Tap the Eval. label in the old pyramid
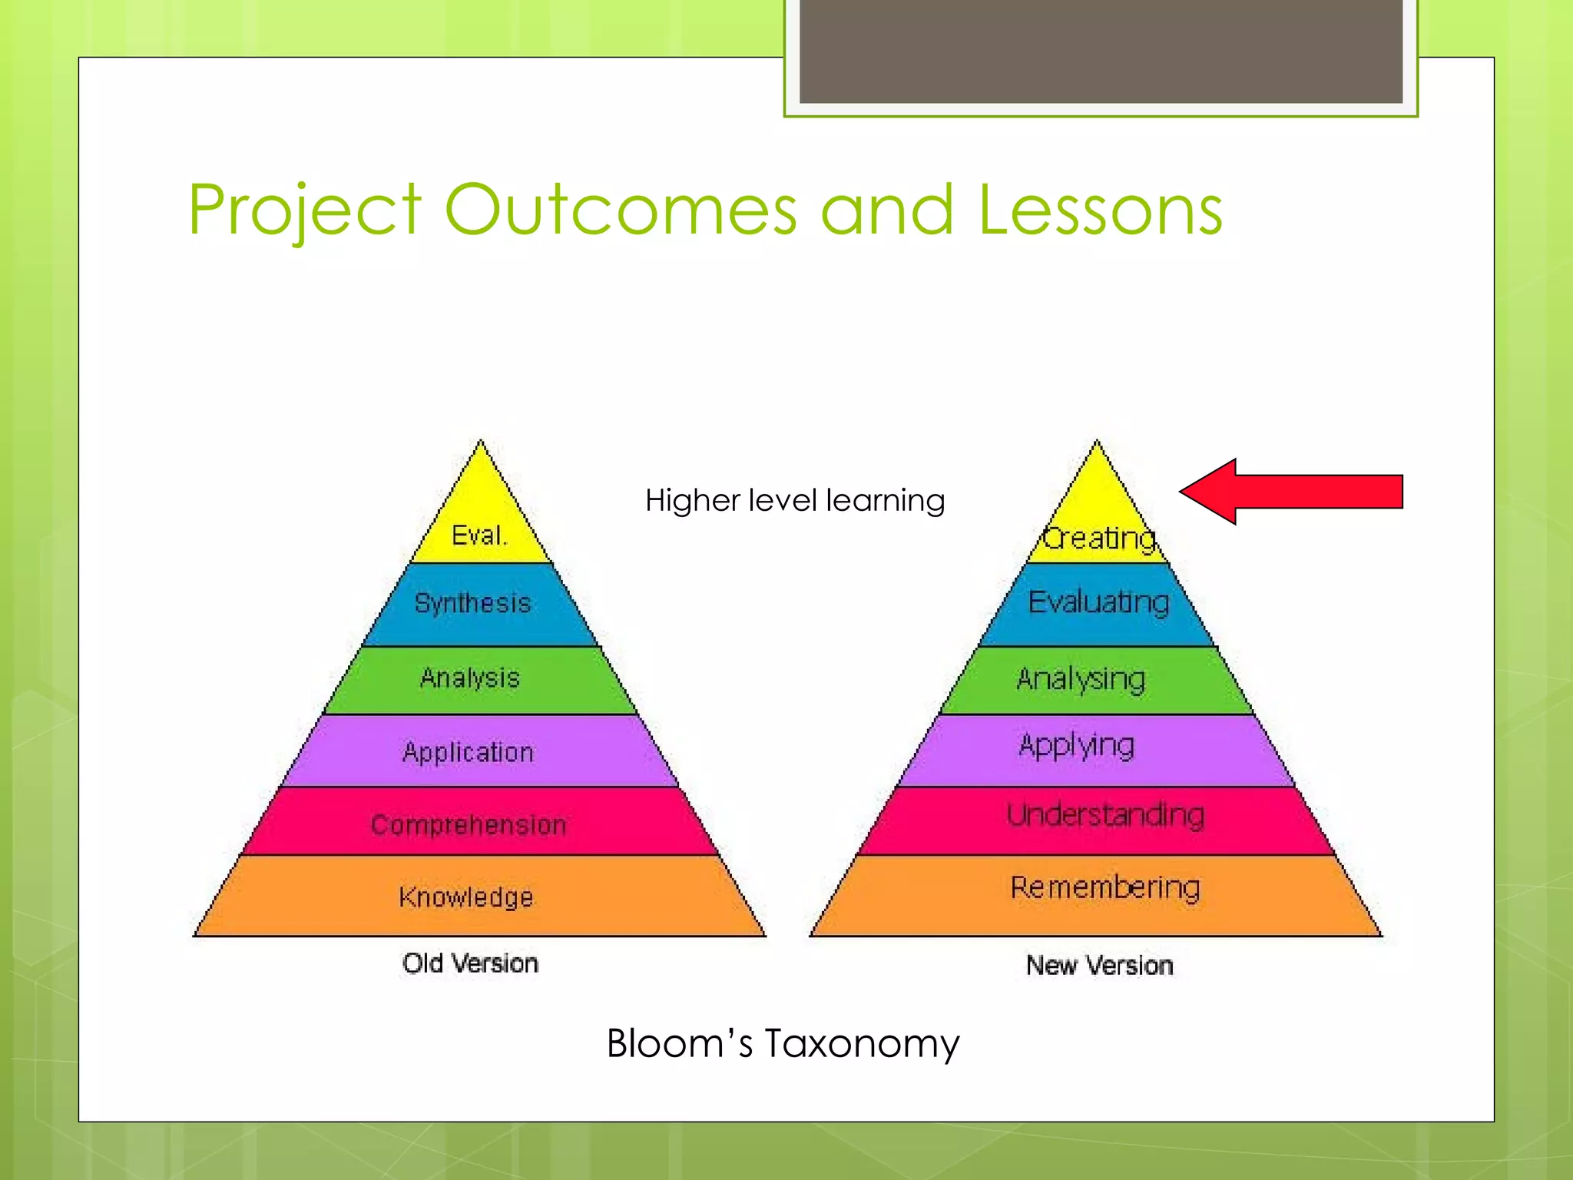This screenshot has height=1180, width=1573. point(479,535)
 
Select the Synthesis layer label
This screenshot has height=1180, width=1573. point(472,603)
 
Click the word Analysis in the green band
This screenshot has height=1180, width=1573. point(470,678)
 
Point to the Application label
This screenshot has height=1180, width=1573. point(468,752)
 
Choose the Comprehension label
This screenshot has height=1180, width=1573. point(469,825)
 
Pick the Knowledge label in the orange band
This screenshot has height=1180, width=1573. point(465,897)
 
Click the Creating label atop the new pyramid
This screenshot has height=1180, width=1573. point(1098,539)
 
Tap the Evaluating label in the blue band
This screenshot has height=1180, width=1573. point(1098,602)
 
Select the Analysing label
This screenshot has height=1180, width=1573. point(1081,679)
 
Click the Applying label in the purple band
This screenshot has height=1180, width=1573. point(1077,746)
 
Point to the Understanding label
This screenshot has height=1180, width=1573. point(1105,814)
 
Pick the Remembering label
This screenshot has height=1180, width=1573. point(1104,887)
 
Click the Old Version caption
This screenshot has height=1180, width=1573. point(470,963)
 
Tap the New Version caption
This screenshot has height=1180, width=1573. point(1099,965)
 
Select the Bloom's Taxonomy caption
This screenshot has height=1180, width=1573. point(783,1043)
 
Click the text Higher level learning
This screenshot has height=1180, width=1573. point(794,501)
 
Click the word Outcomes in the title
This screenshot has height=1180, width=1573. point(621,210)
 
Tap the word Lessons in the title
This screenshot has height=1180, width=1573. point(1100,210)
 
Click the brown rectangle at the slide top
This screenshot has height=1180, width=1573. point(1101,51)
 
